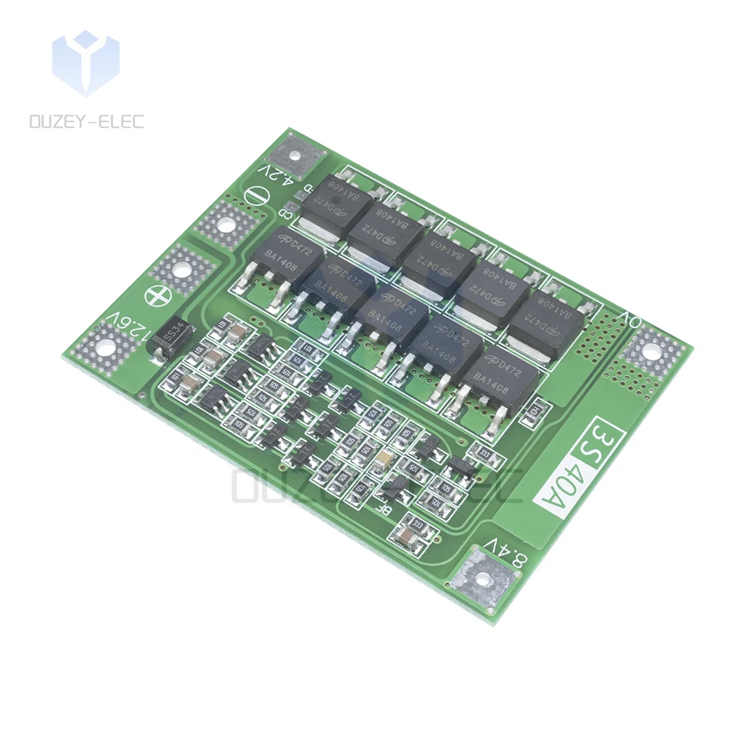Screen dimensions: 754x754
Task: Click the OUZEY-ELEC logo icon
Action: click(85, 64)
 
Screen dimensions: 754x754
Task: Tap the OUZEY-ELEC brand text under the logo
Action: click(85, 121)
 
